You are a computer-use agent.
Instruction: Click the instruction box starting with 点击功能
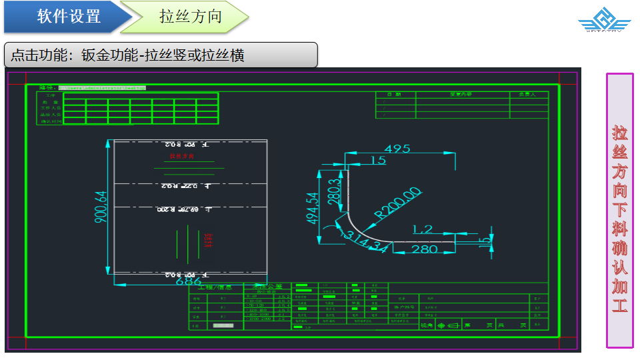[x=160, y=55]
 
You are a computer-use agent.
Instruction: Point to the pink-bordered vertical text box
[x=619, y=210]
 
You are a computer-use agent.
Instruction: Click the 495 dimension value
[x=397, y=149]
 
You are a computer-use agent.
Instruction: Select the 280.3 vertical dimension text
[x=334, y=192]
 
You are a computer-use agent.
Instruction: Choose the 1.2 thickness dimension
[x=423, y=229]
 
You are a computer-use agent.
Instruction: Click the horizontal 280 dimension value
[x=424, y=249]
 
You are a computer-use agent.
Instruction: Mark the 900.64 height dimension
[x=101, y=207]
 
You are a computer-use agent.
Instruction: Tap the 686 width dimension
[x=188, y=282]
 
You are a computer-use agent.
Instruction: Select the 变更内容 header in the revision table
[x=461, y=95]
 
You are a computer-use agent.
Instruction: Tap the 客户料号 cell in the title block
[x=405, y=307]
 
